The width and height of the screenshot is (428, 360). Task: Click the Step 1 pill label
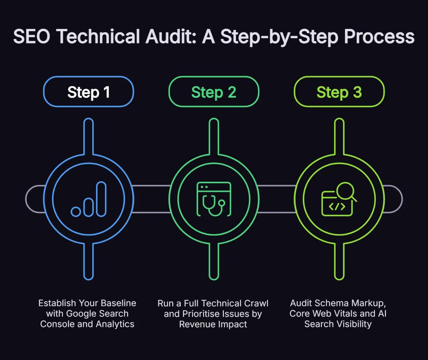pos(88,92)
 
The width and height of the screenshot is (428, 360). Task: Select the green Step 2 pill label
pos(214,92)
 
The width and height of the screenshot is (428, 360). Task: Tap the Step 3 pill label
pos(339,92)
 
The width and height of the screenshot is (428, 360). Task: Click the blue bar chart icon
pos(89,199)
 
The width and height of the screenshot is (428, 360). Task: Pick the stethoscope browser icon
pos(214,199)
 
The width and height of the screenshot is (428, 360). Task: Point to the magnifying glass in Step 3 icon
pos(345,192)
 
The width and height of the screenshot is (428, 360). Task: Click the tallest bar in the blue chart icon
pos(101,199)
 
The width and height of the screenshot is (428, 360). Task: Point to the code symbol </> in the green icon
pos(337,206)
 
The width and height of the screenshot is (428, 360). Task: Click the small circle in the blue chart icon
pos(76,212)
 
